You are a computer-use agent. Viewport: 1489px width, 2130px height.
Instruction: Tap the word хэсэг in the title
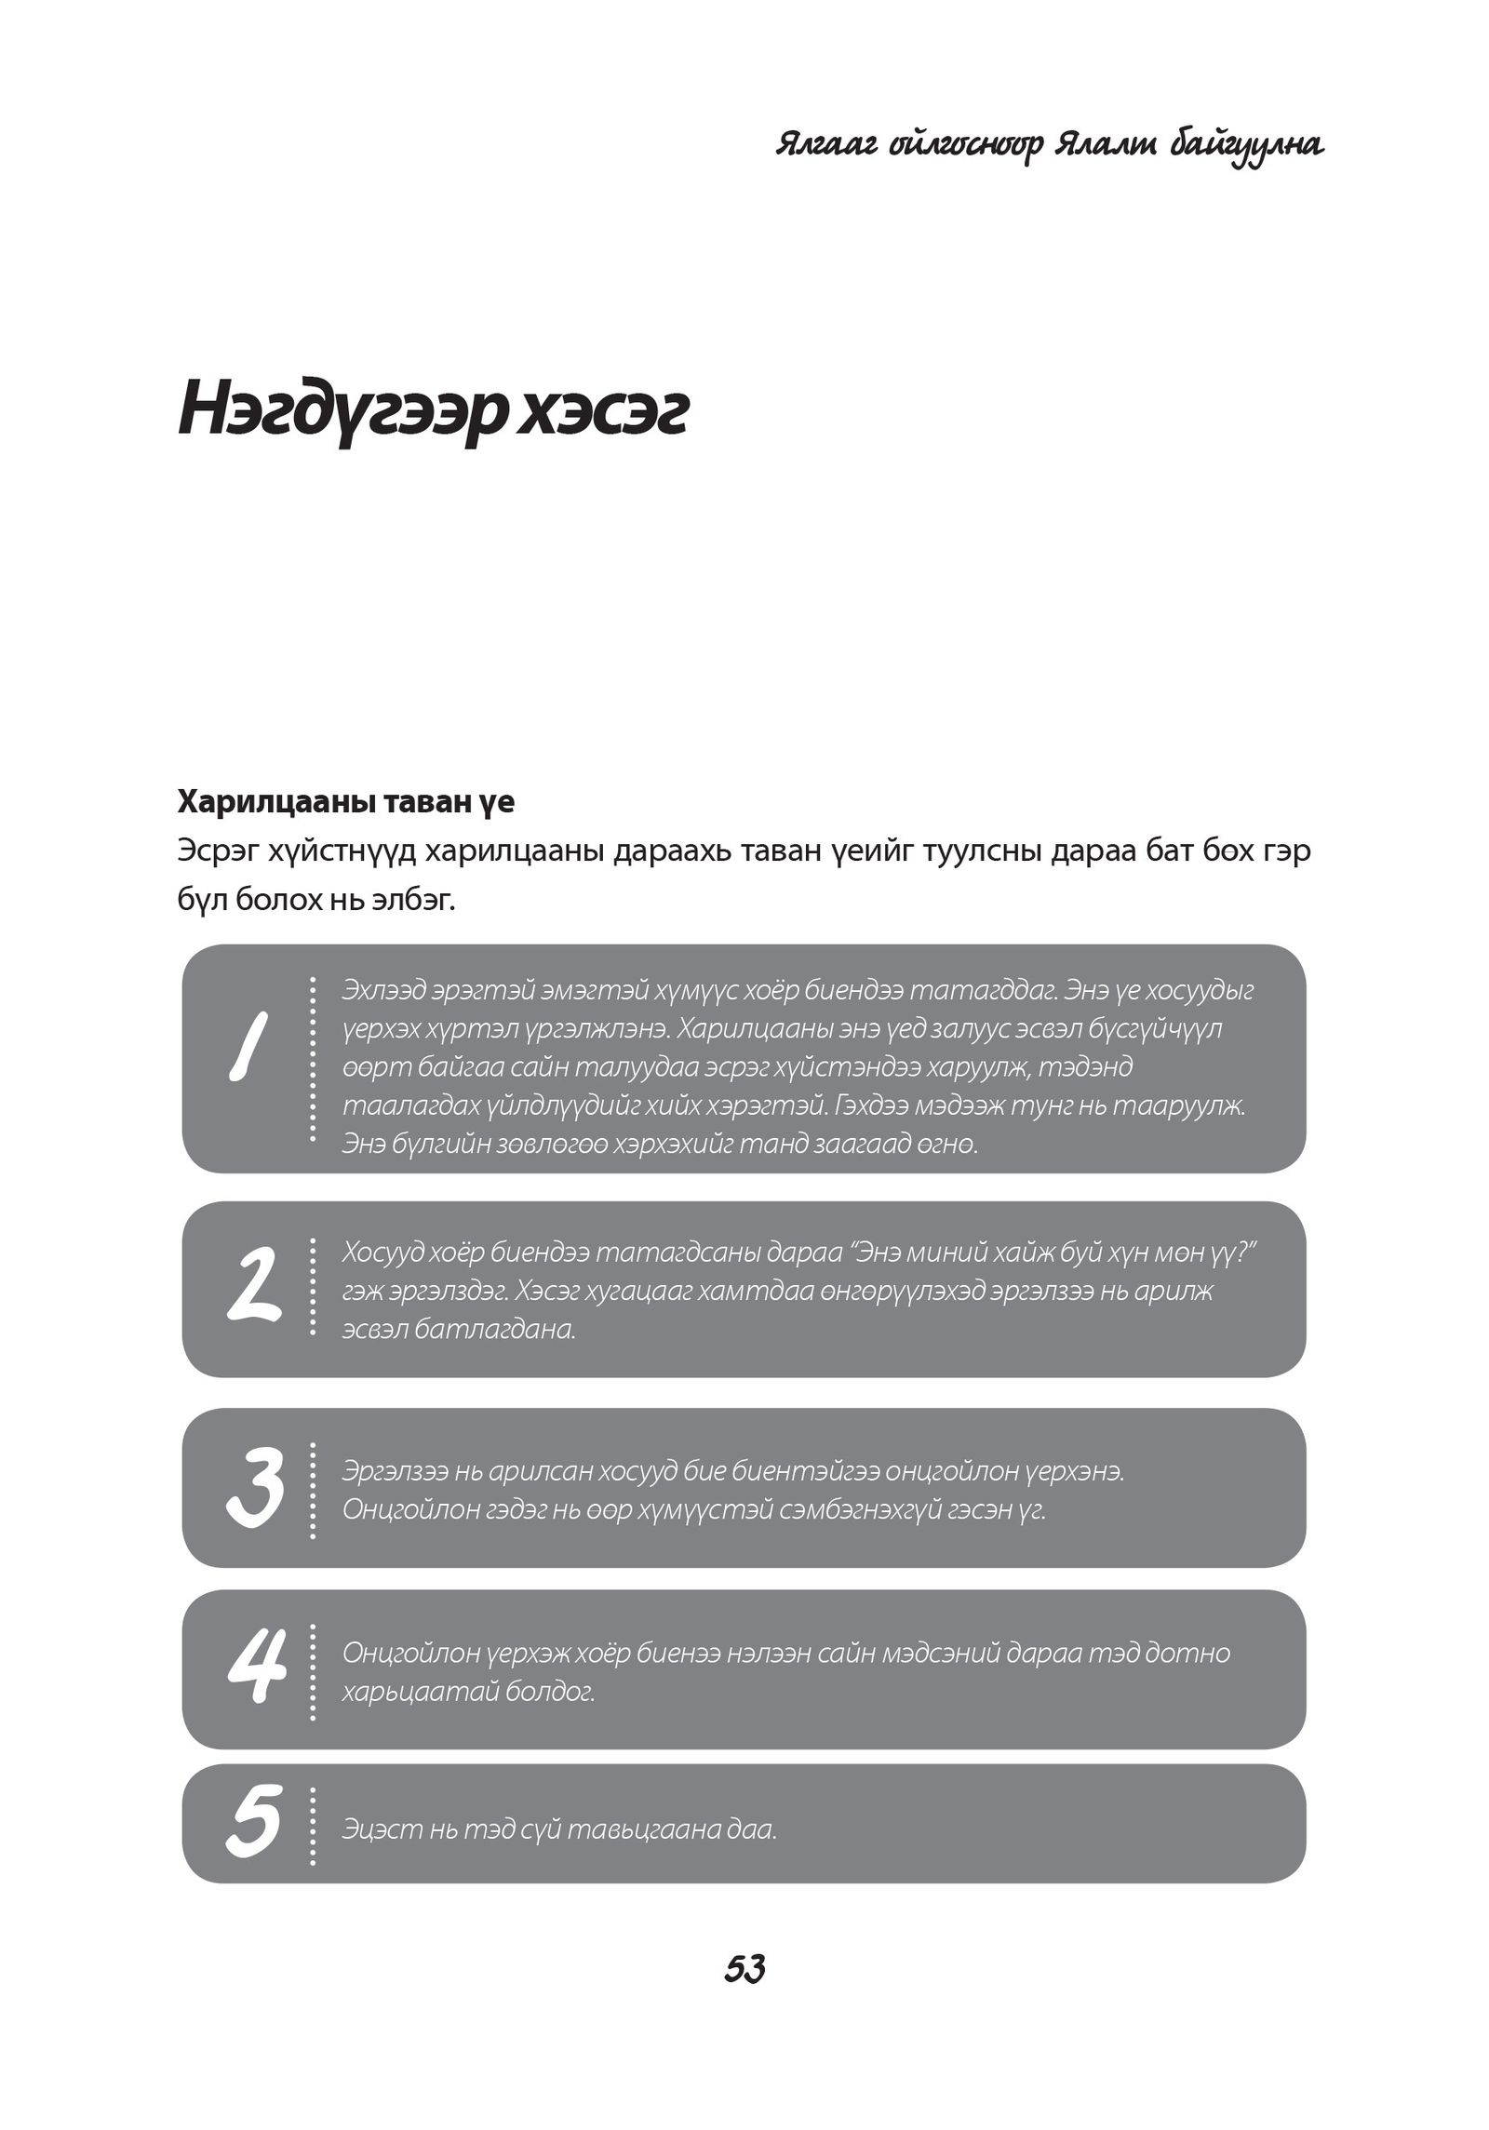point(602,411)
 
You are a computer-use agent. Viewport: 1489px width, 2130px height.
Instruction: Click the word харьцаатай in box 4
point(420,1690)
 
